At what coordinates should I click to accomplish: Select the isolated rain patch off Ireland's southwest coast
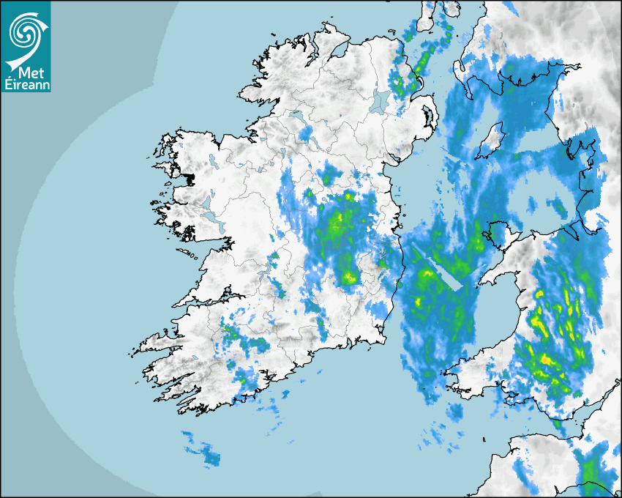[x=201, y=448]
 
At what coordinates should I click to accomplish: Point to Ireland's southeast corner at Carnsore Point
[x=383, y=338]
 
